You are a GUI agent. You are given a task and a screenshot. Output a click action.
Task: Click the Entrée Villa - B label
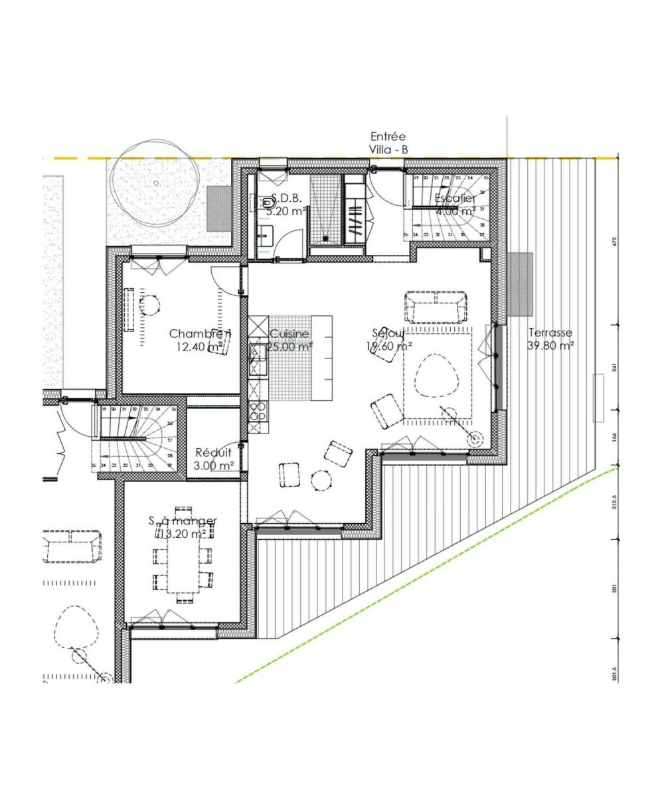[x=388, y=143]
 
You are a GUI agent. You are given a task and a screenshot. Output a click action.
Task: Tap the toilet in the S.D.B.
[x=266, y=201]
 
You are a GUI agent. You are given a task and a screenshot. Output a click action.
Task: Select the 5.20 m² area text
[x=286, y=211]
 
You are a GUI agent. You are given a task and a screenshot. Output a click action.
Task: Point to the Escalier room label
[x=455, y=199]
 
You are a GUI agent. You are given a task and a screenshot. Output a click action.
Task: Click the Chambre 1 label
[x=200, y=333]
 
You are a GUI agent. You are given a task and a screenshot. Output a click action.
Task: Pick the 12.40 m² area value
[x=199, y=346]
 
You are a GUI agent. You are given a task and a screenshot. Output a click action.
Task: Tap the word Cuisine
[x=290, y=334]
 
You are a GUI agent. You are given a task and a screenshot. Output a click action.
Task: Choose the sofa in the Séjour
[x=435, y=305]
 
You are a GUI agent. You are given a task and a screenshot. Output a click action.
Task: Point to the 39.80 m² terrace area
[x=550, y=345]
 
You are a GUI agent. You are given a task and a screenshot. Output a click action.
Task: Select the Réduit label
[x=213, y=453]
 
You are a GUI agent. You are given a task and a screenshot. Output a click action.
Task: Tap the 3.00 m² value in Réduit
[x=213, y=466]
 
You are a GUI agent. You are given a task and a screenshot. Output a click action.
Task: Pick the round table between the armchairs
[x=322, y=479]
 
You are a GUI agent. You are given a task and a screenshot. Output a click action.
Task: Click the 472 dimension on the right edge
[x=615, y=240]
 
